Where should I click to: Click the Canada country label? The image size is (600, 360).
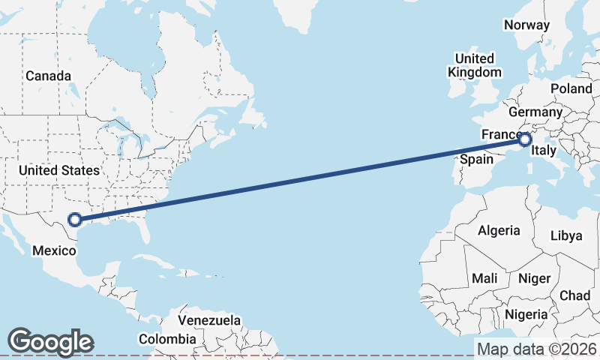48,76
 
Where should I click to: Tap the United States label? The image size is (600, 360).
59,170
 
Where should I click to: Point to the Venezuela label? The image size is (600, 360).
210,320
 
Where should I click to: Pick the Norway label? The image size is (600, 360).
526,25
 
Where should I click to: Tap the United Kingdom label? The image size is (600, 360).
474,65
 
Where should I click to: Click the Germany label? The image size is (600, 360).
535,112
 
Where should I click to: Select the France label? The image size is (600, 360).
498,134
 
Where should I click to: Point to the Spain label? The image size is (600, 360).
476,159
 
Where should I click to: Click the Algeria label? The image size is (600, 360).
499,229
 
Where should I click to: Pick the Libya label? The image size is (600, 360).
565,235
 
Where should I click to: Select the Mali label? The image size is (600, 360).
484,278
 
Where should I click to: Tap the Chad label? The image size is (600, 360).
574,295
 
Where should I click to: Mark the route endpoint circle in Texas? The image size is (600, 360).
74,220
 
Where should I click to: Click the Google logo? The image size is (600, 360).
50,341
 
